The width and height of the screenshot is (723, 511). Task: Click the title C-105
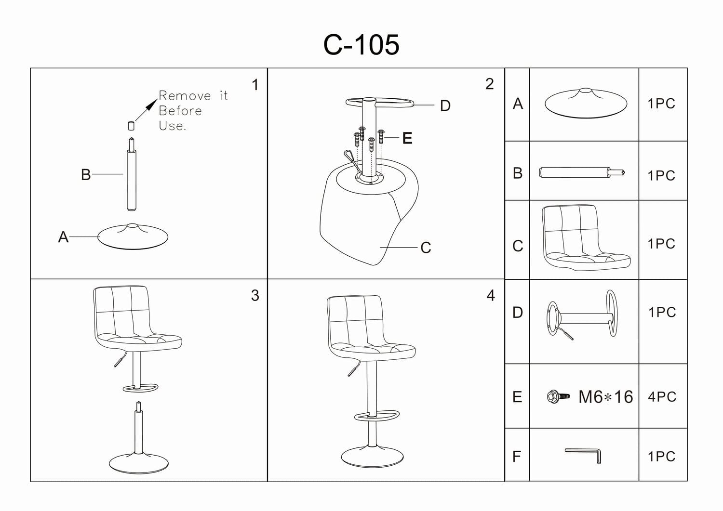coord(361,45)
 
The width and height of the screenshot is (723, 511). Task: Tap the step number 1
coord(255,85)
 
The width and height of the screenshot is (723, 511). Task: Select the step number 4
coord(491,295)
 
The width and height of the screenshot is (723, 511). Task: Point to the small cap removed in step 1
coord(131,126)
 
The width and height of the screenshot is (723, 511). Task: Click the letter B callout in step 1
coord(86,174)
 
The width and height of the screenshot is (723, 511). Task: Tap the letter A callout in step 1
coord(63,237)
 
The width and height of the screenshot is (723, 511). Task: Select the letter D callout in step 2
coord(445,105)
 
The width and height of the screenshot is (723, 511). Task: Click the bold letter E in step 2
coord(407,139)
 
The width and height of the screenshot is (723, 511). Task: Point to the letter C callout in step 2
coord(425,248)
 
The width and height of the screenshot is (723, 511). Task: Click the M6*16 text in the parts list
coord(605,397)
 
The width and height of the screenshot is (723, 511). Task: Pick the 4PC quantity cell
coord(662,397)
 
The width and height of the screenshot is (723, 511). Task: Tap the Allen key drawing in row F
coord(584,454)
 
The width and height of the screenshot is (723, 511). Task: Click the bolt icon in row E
coord(558,397)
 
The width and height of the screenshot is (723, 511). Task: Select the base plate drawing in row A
coord(586,103)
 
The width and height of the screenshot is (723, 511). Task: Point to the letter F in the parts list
coord(517,456)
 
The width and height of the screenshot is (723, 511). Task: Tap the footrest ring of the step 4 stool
coord(377,415)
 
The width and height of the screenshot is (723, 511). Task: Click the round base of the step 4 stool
coord(372,456)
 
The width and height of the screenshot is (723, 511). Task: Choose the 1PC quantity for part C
coord(661,244)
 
